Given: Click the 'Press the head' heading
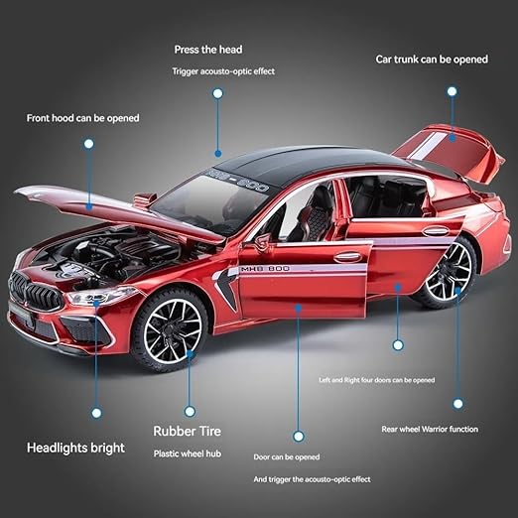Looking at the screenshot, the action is pyautogui.click(x=208, y=50).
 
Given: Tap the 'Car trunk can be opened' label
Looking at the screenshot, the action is pyautogui.click(x=432, y=60).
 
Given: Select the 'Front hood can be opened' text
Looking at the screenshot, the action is pyautogui.click(x=82, y=118).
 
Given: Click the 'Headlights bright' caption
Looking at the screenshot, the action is pyautogui.click(x=75, y=448).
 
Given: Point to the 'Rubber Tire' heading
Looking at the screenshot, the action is pyautogui.click(x=187, y=431).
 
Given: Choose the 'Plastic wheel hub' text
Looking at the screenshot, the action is pyautogui.click(x=188, y=453).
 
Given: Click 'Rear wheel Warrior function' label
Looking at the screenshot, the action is pyautogui.click(x=430, y=429).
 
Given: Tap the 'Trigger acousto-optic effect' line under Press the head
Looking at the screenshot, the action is pyautogui.click(x=223, y=71).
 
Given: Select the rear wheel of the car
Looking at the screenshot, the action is pyautogui.click(x=447, y=272).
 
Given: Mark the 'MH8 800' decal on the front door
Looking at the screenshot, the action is pyautogui.click(x=265, y=269).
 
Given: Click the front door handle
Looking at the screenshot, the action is pyautogui.click(x=347, y=256).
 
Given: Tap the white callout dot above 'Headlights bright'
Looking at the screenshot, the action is pyautogui.click(x=96, y=413).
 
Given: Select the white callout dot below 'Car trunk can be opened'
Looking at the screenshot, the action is pyautogui.click(x=452, y=91).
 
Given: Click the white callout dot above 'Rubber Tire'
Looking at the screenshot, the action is pyautogui.click(x=190, y=412).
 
